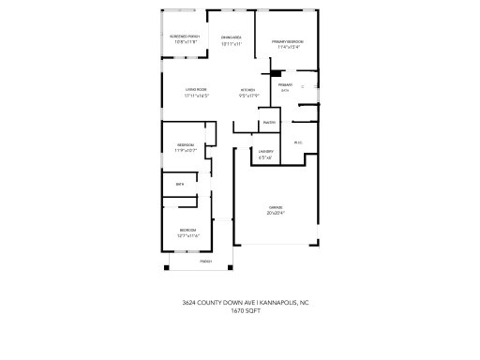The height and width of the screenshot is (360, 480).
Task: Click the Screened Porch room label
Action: coord(185,36)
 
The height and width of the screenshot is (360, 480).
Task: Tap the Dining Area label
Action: coord(232,37)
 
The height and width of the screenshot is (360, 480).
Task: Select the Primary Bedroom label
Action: coord(287,42)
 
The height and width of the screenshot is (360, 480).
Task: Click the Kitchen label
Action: coord(248,90)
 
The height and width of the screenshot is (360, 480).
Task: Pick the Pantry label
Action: coord(269,122)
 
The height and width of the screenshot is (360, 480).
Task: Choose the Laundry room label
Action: coord(265,152)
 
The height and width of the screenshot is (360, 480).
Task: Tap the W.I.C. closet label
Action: coord(298,142)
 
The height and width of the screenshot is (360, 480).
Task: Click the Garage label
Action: coord(276,207)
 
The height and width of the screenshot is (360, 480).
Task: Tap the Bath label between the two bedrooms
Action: coord(179,185)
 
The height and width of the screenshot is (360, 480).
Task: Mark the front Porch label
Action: coord(205,261)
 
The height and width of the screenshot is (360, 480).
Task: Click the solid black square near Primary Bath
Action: coord(276,74)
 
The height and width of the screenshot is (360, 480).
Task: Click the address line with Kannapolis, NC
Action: coord(241,303)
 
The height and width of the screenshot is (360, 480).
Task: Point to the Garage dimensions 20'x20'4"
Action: coord(276,213)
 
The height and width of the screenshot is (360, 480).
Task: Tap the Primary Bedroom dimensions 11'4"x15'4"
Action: coord(287,48)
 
